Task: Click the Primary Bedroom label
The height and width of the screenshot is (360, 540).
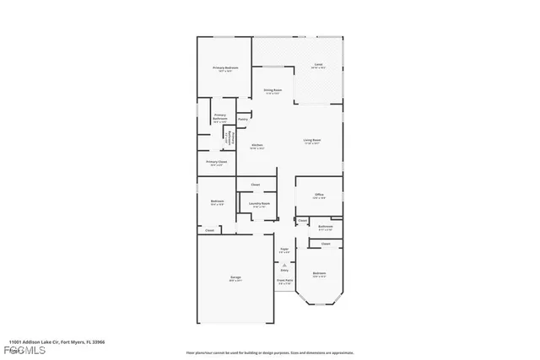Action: pos(224,68)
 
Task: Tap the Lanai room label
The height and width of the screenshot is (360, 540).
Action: pos(318,65)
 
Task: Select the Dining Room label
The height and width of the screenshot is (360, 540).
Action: pos(272,90)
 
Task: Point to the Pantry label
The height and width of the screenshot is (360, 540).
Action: pos(242,119)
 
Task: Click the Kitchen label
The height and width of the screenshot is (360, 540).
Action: pos(257,146)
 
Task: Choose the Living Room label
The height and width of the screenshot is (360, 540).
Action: pos(313,141)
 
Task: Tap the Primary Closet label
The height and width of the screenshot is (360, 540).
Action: pos(216,162)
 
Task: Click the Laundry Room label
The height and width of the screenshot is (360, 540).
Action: pos(259,203)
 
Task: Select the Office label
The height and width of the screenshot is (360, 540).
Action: pos(319,195)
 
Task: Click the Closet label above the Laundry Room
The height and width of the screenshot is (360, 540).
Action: pos(255,184)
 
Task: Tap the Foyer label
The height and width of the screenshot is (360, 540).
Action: pos(284,250)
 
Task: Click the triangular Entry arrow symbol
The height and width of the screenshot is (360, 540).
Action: pos(284,264)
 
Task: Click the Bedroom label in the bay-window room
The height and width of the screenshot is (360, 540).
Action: pos(319,274)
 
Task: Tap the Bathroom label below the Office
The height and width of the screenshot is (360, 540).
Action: pos(326,227)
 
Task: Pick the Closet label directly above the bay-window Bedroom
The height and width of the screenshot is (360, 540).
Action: pos(325,244)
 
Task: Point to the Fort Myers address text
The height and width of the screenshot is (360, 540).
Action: pos(52,342)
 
